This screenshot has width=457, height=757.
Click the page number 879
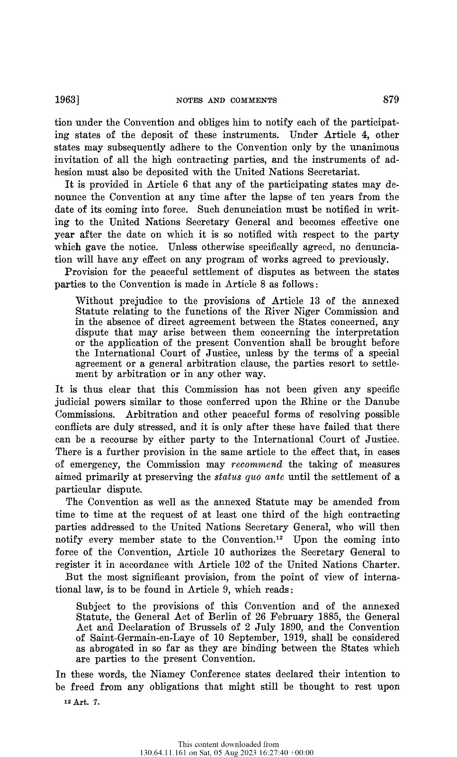391,100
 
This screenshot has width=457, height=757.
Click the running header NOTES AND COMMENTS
226,100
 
